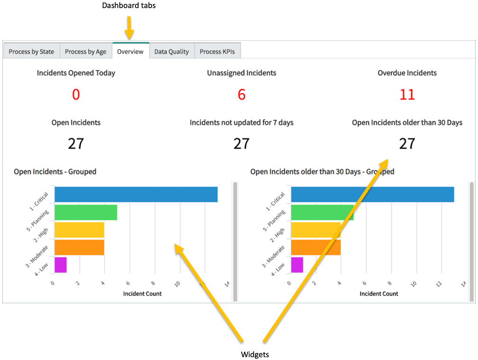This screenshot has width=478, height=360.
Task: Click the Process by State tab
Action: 31,52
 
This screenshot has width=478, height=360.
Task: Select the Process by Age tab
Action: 86,52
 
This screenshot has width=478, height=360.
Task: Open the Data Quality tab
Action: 171,52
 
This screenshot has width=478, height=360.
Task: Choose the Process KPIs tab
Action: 217,52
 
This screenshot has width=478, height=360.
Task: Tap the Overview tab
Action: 130,52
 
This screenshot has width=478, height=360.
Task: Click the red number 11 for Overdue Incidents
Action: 407,95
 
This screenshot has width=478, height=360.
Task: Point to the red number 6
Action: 241,95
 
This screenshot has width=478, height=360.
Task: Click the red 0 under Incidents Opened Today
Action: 76,95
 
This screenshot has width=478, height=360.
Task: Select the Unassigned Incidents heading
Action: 241,73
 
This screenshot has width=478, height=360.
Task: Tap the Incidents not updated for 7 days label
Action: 241,123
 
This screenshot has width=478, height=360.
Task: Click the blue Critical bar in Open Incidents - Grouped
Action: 136,194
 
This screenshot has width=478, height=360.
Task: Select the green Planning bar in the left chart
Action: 86,212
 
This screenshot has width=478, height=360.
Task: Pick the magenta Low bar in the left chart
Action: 61,264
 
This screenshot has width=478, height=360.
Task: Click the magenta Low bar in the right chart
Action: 297,264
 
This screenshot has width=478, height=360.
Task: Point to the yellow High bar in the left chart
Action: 79,229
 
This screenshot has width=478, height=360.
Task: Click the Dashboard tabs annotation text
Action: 129,6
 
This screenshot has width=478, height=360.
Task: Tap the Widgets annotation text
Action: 255,354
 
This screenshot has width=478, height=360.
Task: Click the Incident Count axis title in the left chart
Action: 142,294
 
